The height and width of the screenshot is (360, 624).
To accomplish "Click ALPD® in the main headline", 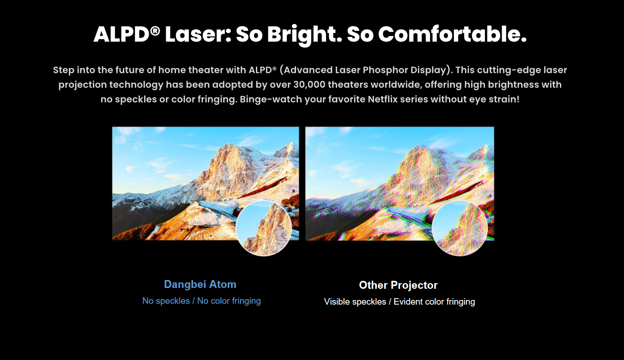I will click(126, 35).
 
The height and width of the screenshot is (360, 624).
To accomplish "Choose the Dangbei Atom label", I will click(200, 284).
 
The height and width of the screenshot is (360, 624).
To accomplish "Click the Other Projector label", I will click(398, 285).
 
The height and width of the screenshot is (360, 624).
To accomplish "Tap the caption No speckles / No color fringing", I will click(201, 301).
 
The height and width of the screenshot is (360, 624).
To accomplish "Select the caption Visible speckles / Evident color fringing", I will click(400, 302).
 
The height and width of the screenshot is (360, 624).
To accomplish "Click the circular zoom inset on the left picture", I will click(264, 228).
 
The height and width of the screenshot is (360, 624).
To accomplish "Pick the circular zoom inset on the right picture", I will click(460, 228).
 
